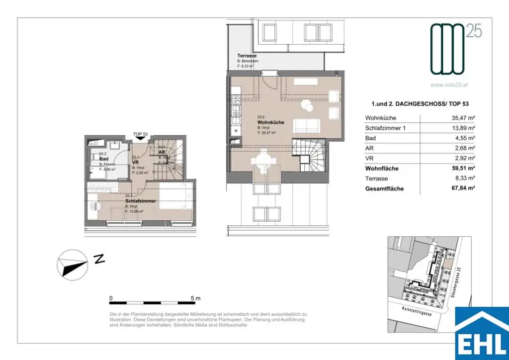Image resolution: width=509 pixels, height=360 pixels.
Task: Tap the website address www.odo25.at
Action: tap(449, 85)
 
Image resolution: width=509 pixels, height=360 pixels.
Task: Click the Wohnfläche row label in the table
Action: tap(381, 169)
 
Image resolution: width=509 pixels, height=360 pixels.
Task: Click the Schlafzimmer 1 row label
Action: tap(386, 128)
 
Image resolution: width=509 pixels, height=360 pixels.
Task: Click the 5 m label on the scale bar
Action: tap(195, 298)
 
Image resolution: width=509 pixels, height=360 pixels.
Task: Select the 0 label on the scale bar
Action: tap(111, 298)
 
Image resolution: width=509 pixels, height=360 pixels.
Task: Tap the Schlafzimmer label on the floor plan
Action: tap(141, 201)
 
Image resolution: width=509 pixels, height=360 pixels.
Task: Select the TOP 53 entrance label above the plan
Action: tap(141, 134)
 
